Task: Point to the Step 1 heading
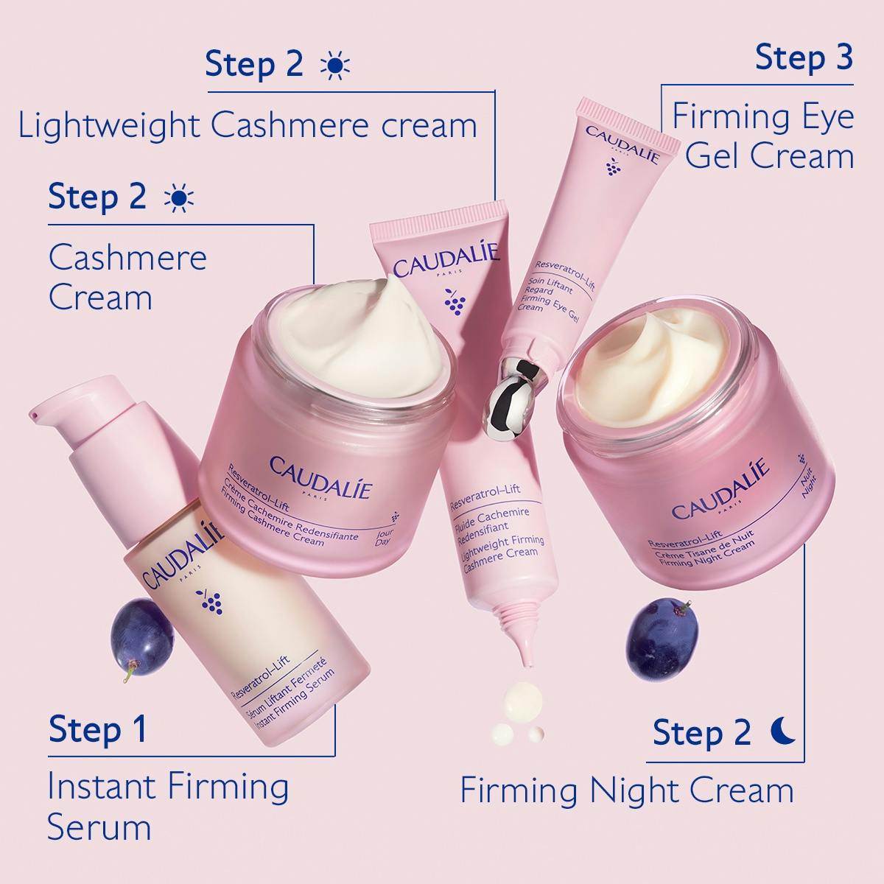[98, 729]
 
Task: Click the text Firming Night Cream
[627, 790]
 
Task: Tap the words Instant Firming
[168, 786]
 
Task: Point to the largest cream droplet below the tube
[519, 699]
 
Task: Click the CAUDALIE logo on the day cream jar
[321, 477]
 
